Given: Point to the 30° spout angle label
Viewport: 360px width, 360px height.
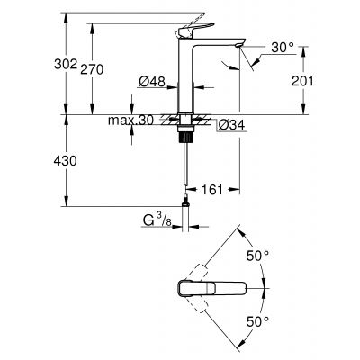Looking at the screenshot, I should tap(283, 47).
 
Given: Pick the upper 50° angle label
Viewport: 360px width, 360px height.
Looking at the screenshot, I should tap(259, 256).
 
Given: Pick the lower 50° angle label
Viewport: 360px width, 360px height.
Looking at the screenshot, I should tap(259, 319).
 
